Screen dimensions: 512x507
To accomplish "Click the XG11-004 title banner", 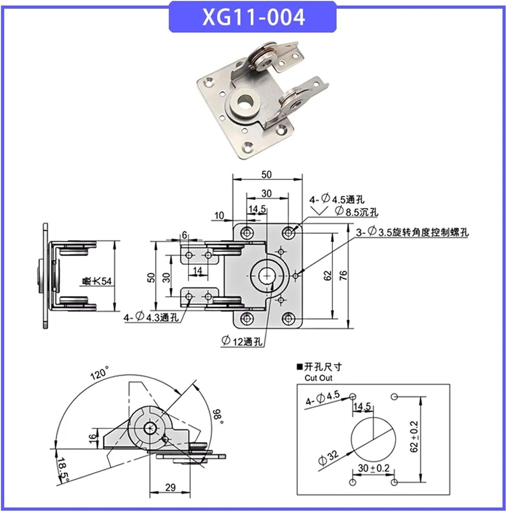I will click(253, 17).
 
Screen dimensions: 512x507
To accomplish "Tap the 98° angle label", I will click(217, 417).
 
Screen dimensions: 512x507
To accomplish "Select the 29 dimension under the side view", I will click(170, 487).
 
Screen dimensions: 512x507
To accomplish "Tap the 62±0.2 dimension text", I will click(414, 437).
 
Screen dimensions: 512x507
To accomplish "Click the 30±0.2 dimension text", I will click(374, 468).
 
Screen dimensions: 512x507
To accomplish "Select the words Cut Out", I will click(318, 378).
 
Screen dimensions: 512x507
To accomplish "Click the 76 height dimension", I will click(343, 275).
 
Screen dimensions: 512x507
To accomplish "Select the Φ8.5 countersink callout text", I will click(356, 212).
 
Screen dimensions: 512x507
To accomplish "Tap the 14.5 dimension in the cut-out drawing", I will click(362, 406).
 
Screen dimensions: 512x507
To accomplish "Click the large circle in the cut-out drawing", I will click(374, 439).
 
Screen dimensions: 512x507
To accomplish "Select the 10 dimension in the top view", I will click(219, 215).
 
